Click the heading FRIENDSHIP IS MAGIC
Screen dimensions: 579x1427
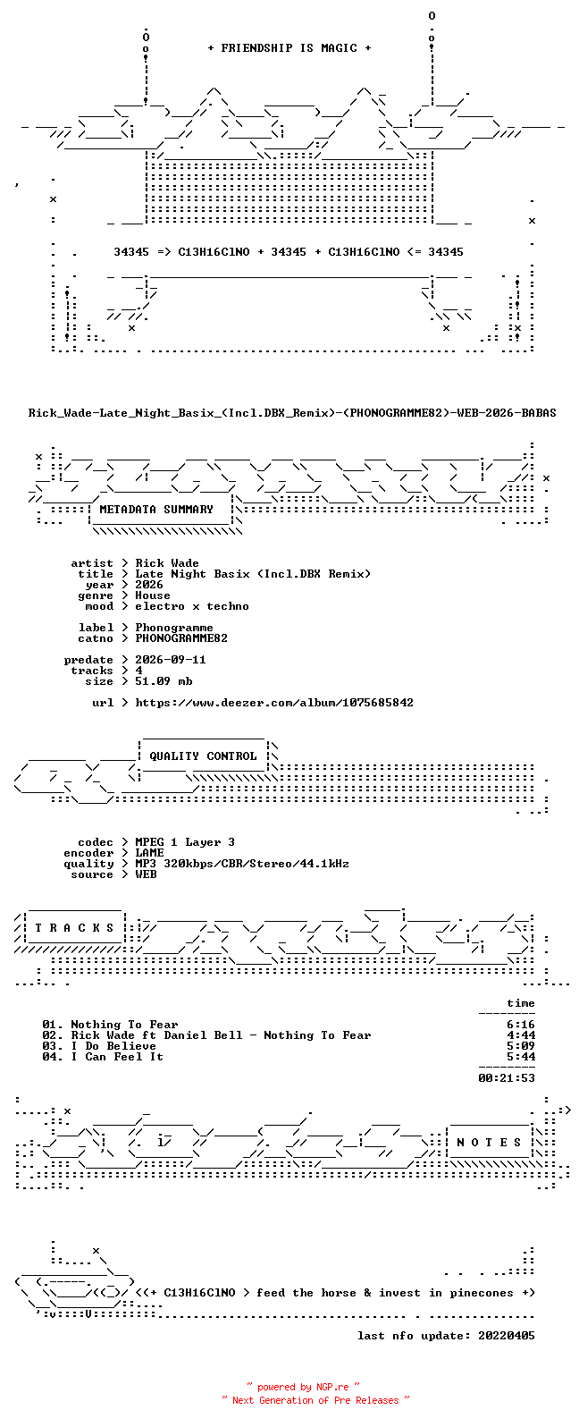289,48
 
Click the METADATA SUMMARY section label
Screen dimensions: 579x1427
156,510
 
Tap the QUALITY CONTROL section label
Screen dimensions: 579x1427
203,756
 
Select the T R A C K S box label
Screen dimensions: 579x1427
74,928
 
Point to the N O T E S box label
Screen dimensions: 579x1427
489,1143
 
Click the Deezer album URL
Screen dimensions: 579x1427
274,703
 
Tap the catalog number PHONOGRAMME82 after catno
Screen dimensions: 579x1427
181,638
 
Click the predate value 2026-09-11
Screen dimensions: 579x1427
171,660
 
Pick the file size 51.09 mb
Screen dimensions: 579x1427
164,681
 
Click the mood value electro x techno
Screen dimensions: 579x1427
192,606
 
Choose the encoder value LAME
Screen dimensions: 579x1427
150,853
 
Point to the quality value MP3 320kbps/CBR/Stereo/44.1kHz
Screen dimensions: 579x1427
242,864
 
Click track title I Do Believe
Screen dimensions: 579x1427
113,1046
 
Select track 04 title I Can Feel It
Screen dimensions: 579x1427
117,1057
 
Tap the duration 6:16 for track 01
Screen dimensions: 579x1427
521,1025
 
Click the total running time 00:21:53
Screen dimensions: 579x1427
507,1078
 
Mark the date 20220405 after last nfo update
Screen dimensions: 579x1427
507,1336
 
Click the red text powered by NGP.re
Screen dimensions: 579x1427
303,1387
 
